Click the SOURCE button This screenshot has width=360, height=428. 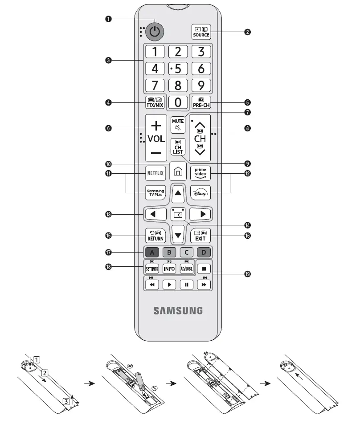coord(201,32)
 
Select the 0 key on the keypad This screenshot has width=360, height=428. coord(178,102)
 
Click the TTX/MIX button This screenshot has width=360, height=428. coord(155,102)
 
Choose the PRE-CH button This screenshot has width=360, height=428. coord(201,102)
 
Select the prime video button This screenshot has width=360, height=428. coord(200,172)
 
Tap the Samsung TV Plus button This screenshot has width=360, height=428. coord(155,193)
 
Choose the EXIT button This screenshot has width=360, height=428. coord(200,235)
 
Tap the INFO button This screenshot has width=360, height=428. coord(169,269)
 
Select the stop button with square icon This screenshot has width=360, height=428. coord(203,269)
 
